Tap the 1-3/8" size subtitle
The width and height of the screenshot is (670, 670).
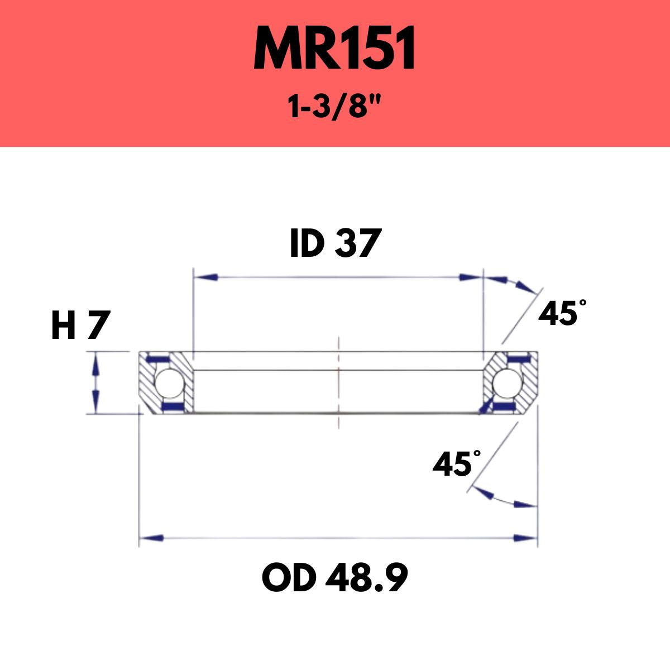pos(335,106)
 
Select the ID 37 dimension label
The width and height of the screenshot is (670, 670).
pos(335,244)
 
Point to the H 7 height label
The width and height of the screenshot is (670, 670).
pos(78,326)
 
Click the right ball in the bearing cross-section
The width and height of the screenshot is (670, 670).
pos(506,383)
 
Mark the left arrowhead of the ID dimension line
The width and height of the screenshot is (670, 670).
pos(204,277)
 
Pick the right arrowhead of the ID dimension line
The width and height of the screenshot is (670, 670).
pos(470,277)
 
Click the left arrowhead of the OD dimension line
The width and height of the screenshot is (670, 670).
pos(151,538)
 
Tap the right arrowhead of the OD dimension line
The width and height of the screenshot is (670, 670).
pos(525,538)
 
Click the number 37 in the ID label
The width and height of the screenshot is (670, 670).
pos(358,244)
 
